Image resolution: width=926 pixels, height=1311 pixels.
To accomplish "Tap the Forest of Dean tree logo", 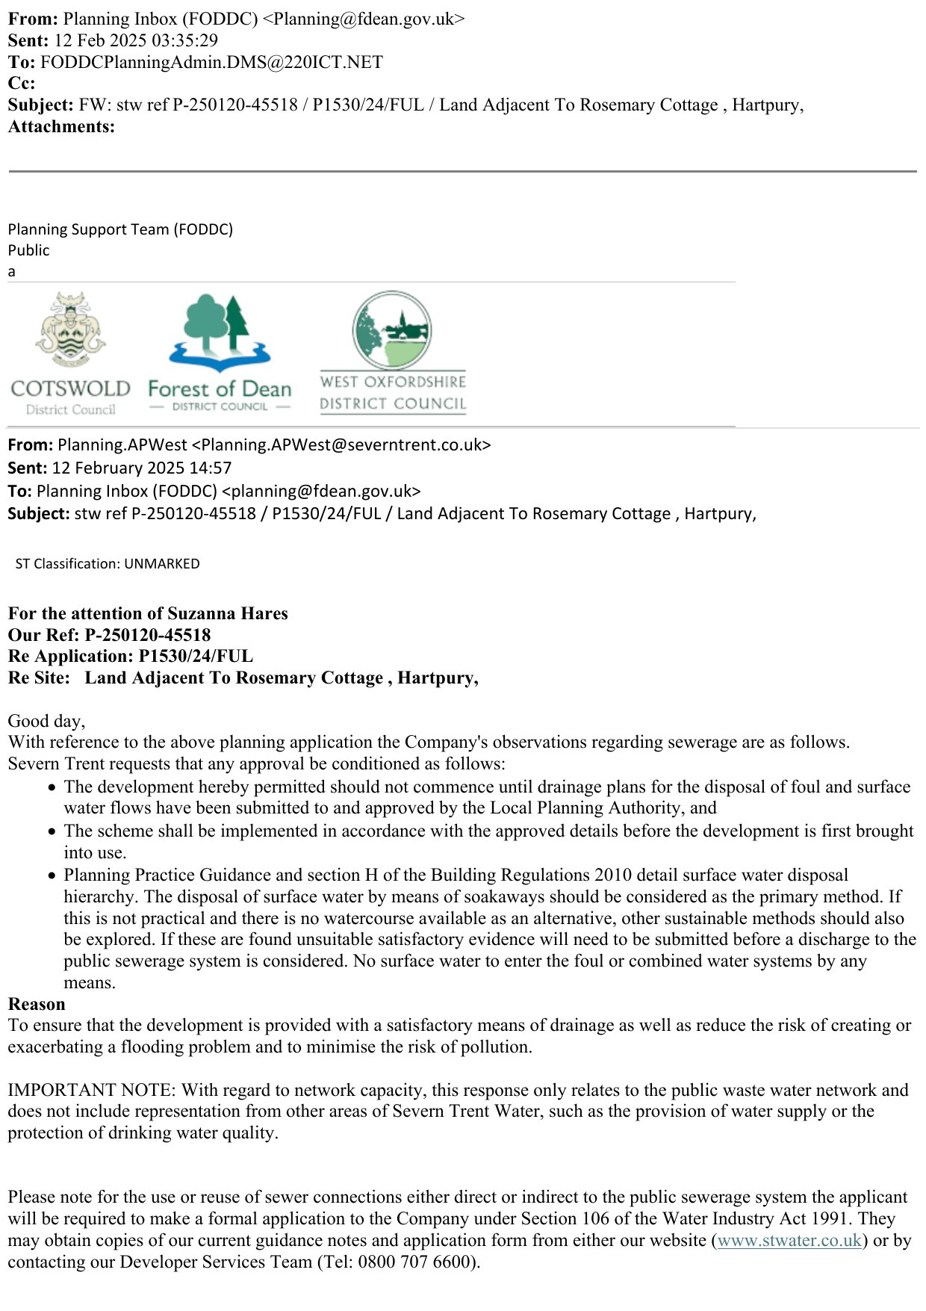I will (219, 333).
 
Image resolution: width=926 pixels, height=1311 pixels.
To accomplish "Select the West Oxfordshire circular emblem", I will (393, 329).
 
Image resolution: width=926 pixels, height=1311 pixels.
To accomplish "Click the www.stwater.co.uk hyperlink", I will (789, 1240).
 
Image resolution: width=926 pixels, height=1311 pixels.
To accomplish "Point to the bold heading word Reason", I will (37, 1004).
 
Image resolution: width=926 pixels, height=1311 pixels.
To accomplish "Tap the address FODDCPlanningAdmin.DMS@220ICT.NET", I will (211, 62).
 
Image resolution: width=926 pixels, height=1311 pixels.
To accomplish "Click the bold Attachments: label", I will (61, 126).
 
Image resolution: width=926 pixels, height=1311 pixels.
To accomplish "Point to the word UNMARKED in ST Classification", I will (162, 564).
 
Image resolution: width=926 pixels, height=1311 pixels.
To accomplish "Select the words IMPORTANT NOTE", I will (91, 1090).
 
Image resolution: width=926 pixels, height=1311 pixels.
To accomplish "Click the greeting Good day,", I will (46, 721).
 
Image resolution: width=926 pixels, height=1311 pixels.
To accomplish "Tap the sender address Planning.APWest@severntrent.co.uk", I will (341, 445).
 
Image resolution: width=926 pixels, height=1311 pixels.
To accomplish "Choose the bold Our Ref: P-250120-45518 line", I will (109, 635).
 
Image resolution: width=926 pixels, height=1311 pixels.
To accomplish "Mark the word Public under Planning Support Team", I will (28, 250).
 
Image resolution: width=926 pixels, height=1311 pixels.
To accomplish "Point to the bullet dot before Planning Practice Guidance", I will (52, 875).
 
